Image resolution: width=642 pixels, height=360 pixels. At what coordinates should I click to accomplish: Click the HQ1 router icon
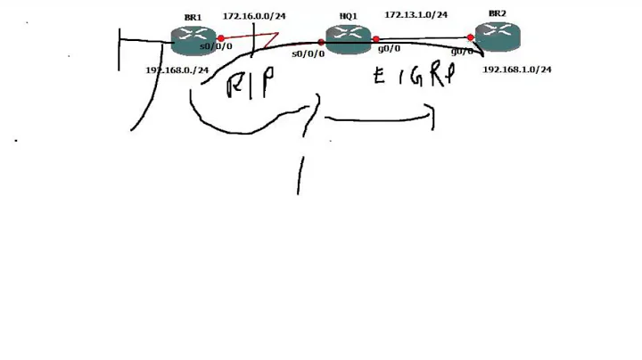click(x=347, y=37)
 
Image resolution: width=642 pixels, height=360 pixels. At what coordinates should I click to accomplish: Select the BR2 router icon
click(x=497, y=36)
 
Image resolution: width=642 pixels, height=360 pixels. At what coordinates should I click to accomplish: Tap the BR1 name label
click(x=193, y=17)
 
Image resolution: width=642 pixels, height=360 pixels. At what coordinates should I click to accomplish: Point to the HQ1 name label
click(x=348, y=17)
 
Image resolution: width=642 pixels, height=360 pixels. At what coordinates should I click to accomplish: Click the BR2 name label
click(x=497, y=14)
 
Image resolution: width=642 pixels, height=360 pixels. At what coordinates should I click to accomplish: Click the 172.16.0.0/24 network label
click(x=253, y=16)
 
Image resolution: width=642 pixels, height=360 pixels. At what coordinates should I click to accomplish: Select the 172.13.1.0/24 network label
click(x=416, y=15)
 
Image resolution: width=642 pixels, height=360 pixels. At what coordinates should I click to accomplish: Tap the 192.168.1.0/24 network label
click(x=516, y=69)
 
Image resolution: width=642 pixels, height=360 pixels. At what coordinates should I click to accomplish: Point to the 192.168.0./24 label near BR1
click(x=177, y=70)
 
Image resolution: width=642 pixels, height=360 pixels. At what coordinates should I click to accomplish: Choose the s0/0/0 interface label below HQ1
click(x=308, y=54)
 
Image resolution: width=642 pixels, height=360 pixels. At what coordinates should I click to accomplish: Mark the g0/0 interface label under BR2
click(x=462, y=53)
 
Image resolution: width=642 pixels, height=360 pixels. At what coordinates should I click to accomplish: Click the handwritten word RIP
click(x=249, y=85)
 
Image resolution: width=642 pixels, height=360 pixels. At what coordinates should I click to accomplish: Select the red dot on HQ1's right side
click(x=376, y=39)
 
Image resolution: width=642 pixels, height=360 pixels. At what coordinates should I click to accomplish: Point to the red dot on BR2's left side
click(x=470, y=37)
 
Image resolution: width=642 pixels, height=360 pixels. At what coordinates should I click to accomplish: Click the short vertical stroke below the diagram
click(x=299, y=176)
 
